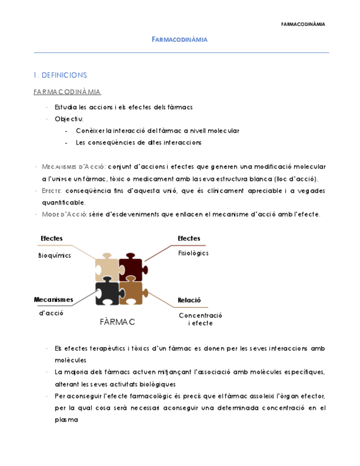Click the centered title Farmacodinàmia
point(179,40)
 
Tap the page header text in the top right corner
point(303,24)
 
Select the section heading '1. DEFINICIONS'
point(60,75)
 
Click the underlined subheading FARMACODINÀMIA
point(67,92)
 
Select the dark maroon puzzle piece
point(130,266)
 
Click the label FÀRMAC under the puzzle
point(118,321)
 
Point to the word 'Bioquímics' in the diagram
point(54,256)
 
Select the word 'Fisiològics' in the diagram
point(193,253)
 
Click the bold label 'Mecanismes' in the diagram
point(53,299)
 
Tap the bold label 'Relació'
point(189,300)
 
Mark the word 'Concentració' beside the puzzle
point(200,315)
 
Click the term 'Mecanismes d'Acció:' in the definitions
point(74,167)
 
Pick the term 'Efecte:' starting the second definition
point(51,191)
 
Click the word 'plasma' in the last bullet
point(67,419)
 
